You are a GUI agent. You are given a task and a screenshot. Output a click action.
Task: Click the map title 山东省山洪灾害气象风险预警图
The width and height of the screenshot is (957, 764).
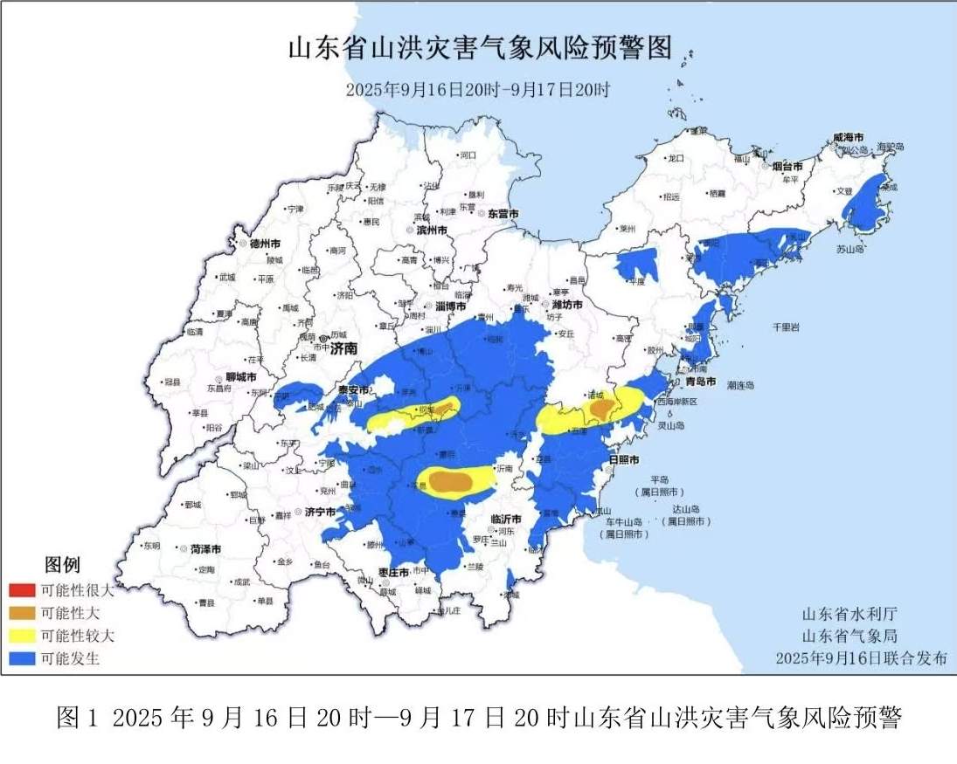[x=480, y=48]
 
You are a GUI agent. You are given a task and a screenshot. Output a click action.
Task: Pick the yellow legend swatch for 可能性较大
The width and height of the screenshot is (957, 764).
[x=20, y=636]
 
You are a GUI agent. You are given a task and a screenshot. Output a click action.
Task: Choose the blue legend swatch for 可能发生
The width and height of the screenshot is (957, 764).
[x=20, y=658]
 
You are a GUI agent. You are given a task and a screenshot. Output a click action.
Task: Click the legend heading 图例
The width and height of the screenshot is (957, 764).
[x=62, y=565]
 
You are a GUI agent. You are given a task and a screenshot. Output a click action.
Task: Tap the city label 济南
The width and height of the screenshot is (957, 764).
[x=343, y=348]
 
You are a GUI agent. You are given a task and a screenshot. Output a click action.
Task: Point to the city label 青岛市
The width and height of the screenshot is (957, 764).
[x=699, y=382]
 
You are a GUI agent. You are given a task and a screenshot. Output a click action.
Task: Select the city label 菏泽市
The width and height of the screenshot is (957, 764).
[x=205, y=549]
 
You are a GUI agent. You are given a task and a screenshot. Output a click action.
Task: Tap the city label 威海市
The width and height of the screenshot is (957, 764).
[x=847, y=138]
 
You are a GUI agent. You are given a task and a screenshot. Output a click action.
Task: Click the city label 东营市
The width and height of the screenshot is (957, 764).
[x=503, y=213]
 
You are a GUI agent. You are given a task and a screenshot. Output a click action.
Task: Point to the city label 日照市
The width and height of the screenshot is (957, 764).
[x=622, y=459]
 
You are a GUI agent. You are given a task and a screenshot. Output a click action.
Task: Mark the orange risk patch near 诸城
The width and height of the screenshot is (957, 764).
[x=600, y=408]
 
